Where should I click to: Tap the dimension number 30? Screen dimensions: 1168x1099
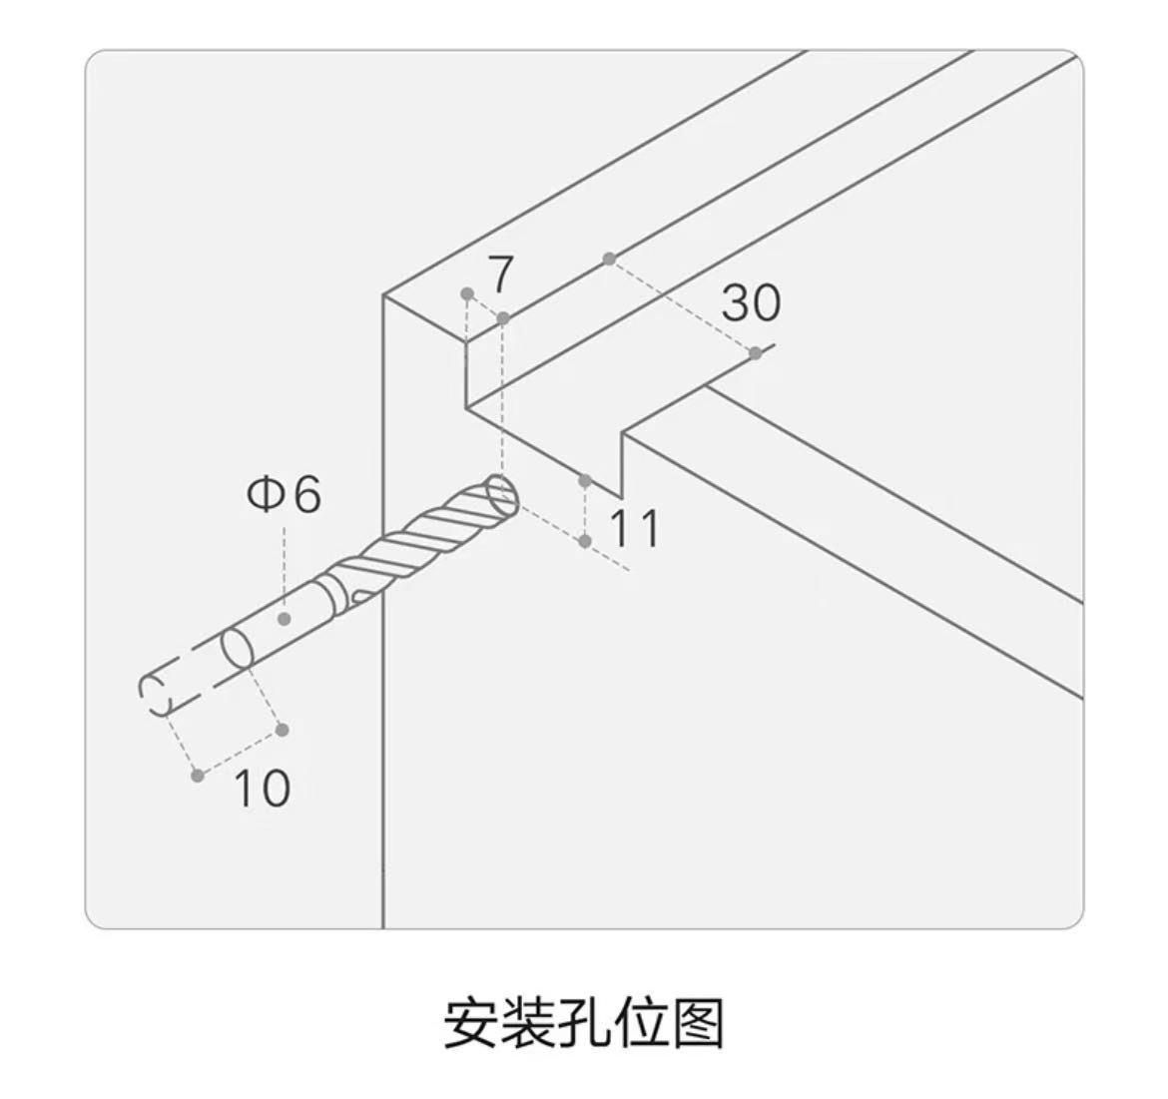coord(752,302)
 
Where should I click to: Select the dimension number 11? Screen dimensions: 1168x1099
coord(634,529)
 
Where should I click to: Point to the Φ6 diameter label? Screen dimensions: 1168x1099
coord(284,494)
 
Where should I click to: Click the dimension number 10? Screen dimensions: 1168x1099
coord(262,788)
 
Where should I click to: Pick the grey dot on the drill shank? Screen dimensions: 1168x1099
coord(284,618)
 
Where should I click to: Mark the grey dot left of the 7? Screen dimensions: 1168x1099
coord(467,293)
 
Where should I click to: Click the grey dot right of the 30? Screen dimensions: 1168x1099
coord(756,353)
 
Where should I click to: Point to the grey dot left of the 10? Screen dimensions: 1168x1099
coord(198,776)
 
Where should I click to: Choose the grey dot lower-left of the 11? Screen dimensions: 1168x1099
coord(585,541)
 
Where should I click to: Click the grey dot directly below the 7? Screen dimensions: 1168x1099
coord(503,318)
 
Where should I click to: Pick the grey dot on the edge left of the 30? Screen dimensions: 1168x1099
coord(609,259)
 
